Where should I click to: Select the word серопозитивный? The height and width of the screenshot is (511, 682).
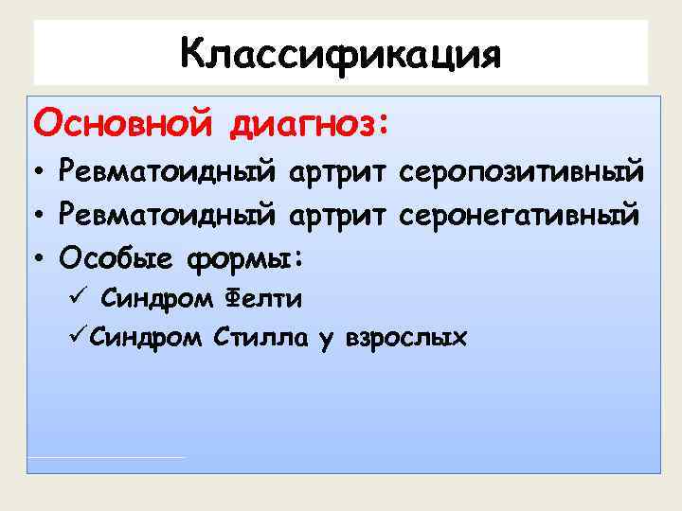521,174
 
